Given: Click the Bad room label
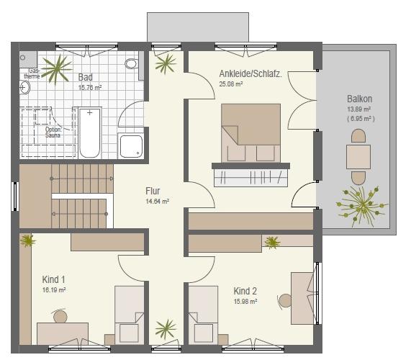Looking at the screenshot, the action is tap(86, 77).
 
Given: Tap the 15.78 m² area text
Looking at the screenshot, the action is tap(90, 88).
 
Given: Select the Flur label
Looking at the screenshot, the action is tap(153, 191).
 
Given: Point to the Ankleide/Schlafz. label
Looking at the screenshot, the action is tap(250, 73).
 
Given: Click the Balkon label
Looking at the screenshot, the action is tap(359, 99).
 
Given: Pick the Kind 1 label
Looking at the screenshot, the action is tap(53, 279).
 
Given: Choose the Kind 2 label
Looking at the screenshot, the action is tap(245, 291).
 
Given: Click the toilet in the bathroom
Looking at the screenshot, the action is tap(132, 63).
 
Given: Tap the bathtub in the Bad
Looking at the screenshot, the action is tap(90, 133).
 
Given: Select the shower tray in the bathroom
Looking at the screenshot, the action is tap(131, 146).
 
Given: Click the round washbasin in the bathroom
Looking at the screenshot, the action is tap(24, 87).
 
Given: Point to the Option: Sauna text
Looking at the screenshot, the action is tap(53, 132).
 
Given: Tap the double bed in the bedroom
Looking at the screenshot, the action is tap(250, 133).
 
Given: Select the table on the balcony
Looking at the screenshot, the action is tap(358, 157).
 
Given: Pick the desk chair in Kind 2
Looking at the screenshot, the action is tap(284, 301).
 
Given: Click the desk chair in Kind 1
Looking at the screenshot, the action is tap(60, 315).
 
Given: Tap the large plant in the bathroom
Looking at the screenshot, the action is tap(57, 69).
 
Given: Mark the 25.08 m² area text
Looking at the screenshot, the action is tap(230, 84).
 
